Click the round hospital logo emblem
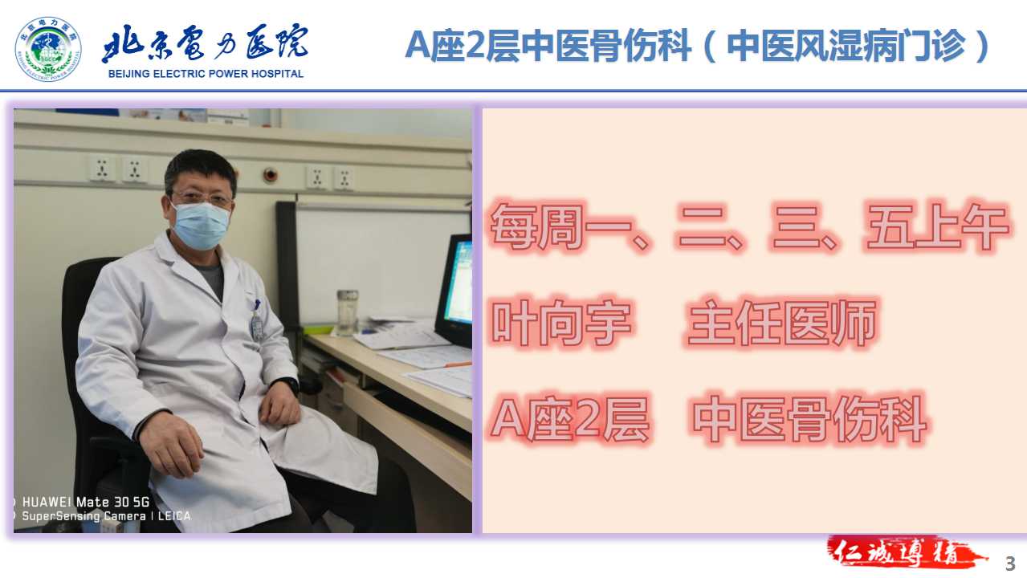[48, 49]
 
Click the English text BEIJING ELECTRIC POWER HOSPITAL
[206, 74]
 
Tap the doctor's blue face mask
[201, 226]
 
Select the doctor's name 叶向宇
[561, 323]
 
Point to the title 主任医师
[782, 323]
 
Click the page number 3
[1010, 564]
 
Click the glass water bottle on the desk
[348, 312]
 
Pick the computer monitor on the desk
[454, 290]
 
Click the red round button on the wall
[270, 175]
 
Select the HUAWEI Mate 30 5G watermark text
[86, 502]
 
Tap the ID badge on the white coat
[257, 326]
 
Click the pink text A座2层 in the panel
[570, 418]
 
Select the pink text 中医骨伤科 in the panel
[809, 418]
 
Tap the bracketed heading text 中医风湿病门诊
[846, 46]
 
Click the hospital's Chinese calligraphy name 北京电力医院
[205, 43]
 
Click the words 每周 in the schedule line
[537, 227]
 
